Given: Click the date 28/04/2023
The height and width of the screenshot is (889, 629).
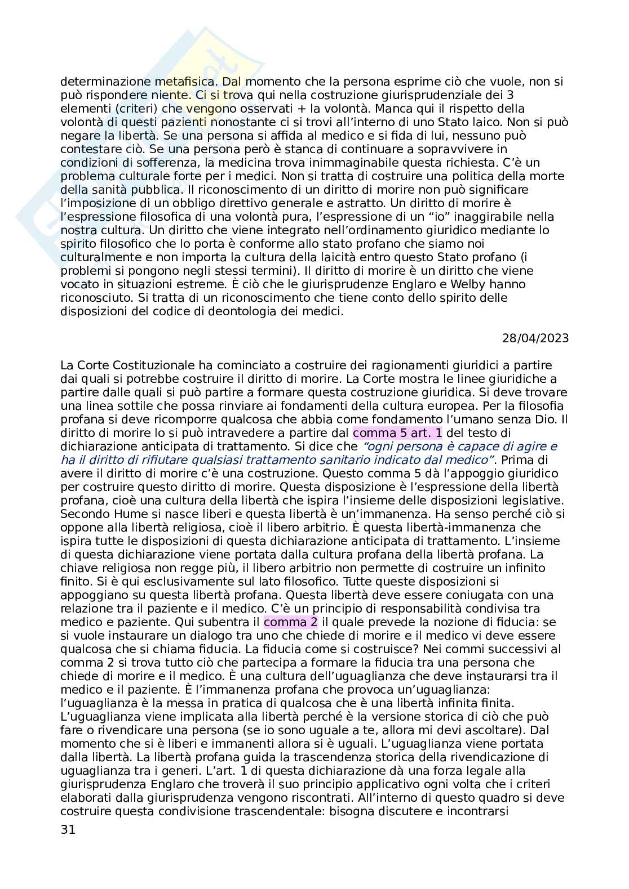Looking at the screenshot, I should coord(535,338).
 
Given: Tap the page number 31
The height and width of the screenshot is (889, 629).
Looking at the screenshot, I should coord(67,829).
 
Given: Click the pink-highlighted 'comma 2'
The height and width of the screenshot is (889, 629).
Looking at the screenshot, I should coord(290,622).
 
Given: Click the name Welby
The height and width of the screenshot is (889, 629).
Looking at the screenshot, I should coord(454,284).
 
